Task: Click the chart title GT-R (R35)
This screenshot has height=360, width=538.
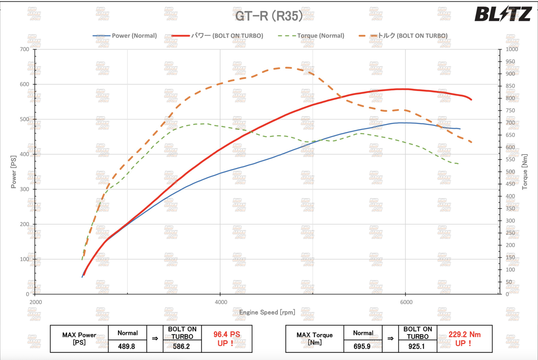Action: click(269, 16)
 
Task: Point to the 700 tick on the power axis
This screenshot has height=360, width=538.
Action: click(24, 49)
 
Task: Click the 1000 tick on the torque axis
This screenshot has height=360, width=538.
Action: click(512, 49)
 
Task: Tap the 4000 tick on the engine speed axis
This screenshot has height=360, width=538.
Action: click(221, 302)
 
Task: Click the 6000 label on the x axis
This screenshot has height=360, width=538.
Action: click(406, 302)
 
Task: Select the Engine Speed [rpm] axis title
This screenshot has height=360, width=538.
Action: click(267, 312)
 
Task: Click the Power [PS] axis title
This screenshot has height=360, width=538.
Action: click(13, 172)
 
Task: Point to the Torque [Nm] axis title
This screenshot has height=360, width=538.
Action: click(524, 172)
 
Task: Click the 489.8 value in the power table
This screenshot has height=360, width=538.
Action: click(126, 346)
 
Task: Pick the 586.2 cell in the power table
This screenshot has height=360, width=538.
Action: click(181, 346)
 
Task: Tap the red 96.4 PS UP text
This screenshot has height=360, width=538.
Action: click(227, 339)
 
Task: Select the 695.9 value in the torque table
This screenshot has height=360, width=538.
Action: click(362, 346)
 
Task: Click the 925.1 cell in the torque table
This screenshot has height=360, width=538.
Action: click(417, 346)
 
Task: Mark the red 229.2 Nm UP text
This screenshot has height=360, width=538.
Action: click(464, 339)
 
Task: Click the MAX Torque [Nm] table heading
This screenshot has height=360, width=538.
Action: click(314, 339)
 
